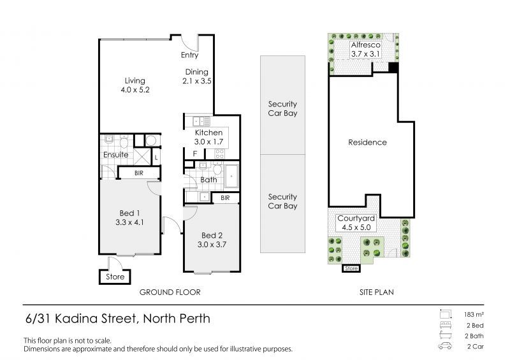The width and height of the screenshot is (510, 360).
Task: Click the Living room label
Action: [135, 85]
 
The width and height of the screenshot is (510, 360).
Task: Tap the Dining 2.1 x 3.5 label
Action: [197, 76]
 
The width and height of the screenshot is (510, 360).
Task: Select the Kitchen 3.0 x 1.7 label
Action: [208, 137]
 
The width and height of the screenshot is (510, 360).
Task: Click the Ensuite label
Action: [115, 155]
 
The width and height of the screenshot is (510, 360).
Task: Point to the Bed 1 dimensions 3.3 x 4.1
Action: [130, 223]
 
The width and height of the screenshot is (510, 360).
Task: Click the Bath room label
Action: [208, 180]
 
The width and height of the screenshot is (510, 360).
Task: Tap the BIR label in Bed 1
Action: [138, 173]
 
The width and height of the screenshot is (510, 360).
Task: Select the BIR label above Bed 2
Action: [225, 198]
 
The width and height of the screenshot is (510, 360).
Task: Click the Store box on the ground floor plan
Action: [115, 277]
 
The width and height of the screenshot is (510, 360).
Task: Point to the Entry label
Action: [189, 55]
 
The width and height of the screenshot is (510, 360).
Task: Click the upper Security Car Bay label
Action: [282, 109]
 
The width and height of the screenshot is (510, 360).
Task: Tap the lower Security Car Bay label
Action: [282, 201]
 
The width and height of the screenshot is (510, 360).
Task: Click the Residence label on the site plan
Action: [367, 142]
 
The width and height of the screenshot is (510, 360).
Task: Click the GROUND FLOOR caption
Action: [170, 292]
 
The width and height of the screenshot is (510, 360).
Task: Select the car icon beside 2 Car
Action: [444, 347]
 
